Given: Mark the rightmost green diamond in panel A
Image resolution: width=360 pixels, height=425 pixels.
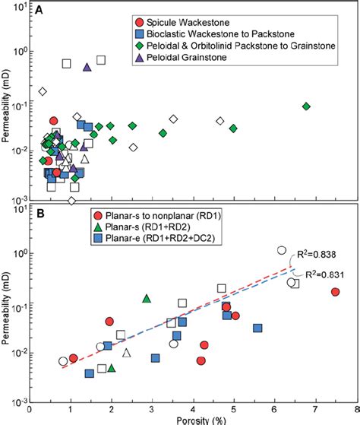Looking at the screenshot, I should pos(306,106).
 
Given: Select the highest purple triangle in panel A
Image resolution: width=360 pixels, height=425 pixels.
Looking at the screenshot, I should pos(87,68).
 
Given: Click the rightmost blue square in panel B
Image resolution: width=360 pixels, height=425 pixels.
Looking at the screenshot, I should pos(258,328).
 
